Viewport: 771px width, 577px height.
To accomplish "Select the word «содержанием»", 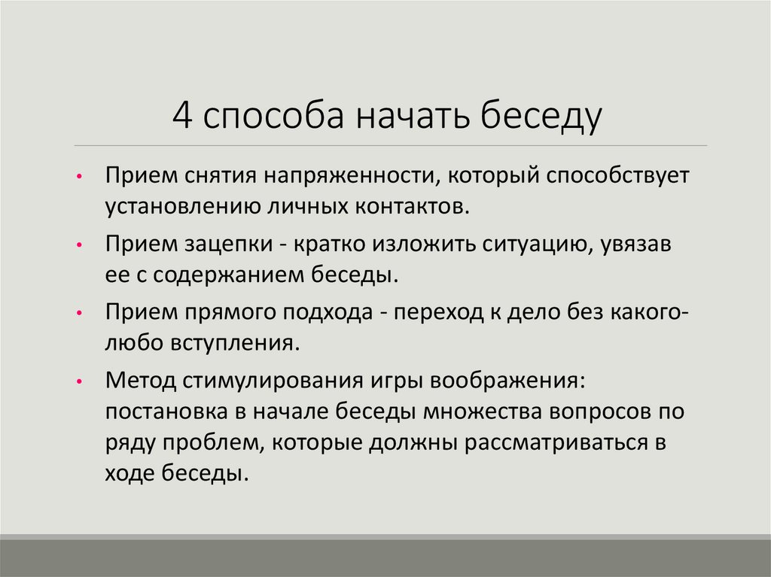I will pyautogui.click(x=230, y=274).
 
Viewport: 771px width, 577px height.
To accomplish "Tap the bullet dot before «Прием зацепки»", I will pyautogui.click(x=81, y=246).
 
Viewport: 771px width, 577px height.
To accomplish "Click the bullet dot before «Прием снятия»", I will pyautogui.click(x=81, y=178).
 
